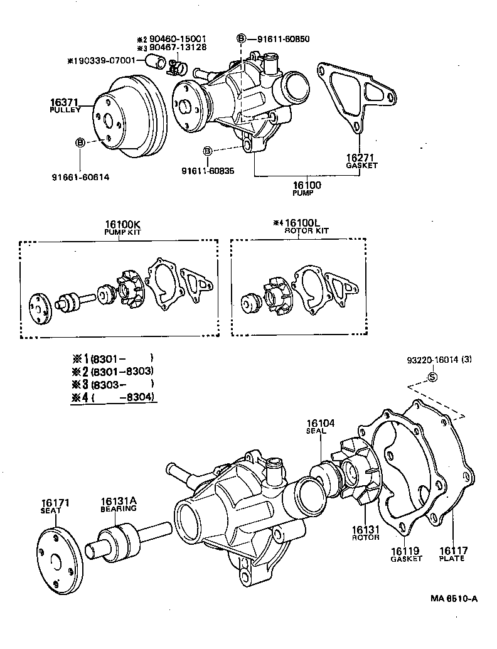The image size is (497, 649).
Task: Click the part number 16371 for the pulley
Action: coord(65,102)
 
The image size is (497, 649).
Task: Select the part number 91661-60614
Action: coord(80,177)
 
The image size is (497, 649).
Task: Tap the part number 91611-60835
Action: coord(208,171)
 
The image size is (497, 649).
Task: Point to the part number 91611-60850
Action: coord(282,39)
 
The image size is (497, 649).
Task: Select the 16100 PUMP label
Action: coord(306,188)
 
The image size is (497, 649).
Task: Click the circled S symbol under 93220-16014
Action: coord(432,377)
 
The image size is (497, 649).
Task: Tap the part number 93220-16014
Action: coord(433,360)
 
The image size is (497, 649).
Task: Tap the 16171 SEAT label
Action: coord(55,507)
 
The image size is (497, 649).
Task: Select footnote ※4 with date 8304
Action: coord(114,397)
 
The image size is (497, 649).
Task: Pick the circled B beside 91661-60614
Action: coord(80,142)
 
